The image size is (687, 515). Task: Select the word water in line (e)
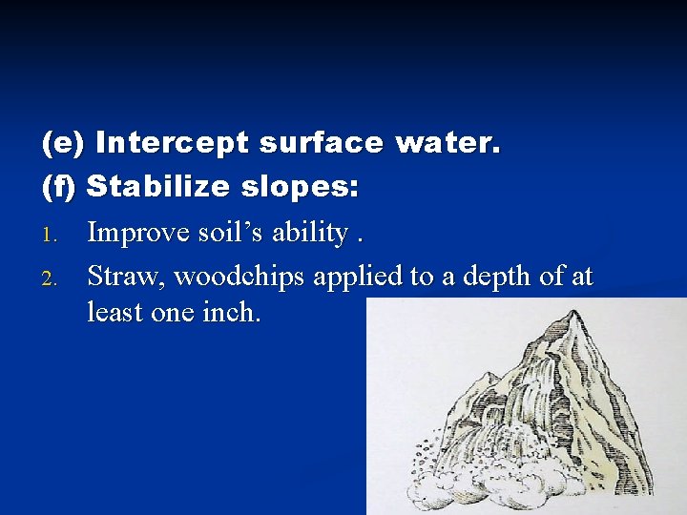tap(447, 144)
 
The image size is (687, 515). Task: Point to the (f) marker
tap(61, 186)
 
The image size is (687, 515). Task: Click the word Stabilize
tap(157, 186)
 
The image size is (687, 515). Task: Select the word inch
tap(228, 312)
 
